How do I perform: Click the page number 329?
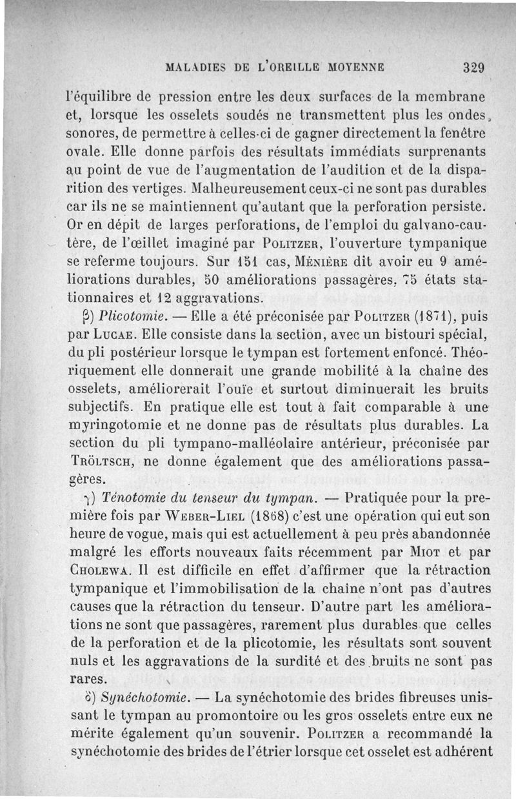[x=473, y=67]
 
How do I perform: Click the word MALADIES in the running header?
[x=193, y=66]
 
